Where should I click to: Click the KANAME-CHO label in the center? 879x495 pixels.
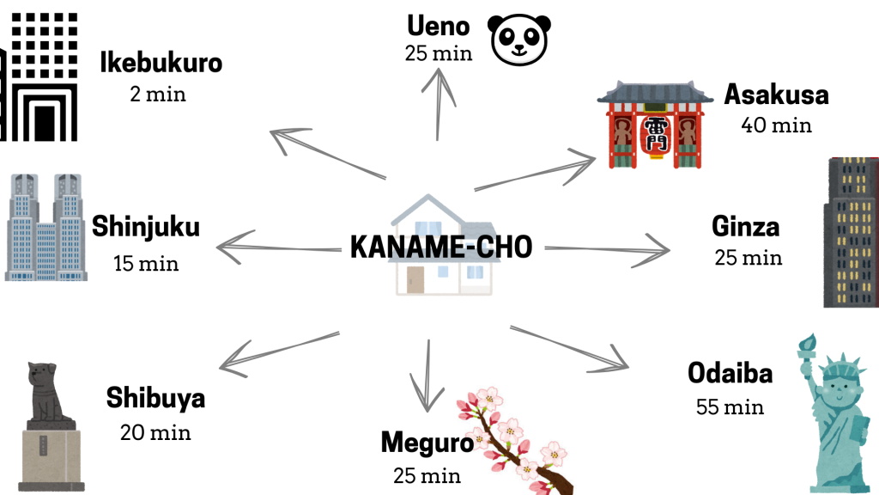(441, 247)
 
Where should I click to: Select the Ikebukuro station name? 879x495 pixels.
(161, 63)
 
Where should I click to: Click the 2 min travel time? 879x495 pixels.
(158, 93)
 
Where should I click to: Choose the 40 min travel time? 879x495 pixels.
(776, 125)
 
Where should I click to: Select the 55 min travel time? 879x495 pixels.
(730, 406)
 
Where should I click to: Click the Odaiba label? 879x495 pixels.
(730, 374)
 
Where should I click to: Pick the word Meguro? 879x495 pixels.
(427, 443)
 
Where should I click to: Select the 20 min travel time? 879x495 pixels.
(155, 431)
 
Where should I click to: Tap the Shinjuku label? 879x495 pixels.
(146, 228)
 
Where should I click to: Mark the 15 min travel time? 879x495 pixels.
(146, 262)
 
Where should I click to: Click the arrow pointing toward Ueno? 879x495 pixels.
(441, 103)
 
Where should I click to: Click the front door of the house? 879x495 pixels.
(416, 279)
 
